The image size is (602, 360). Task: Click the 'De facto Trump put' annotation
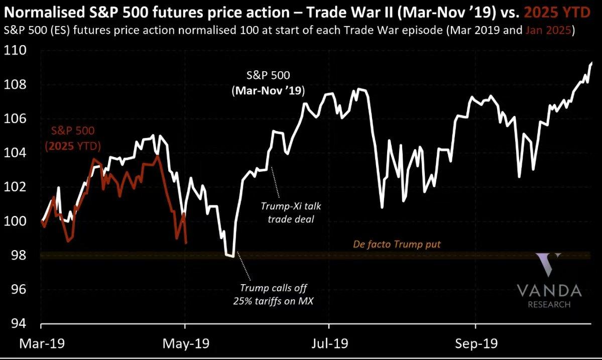tap(397, 245)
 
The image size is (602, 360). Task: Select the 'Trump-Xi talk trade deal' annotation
tap(291, 212)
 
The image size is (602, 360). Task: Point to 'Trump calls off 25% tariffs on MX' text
tap(273, 294)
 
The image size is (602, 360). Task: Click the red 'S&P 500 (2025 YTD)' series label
tap(73, 139)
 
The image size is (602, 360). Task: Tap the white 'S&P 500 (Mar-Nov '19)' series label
tap(268, 83)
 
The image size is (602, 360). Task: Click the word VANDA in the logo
tap(549, 291)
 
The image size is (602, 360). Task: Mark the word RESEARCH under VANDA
tap(549, 304)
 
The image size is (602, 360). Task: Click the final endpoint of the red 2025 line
tap(186, 243)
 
